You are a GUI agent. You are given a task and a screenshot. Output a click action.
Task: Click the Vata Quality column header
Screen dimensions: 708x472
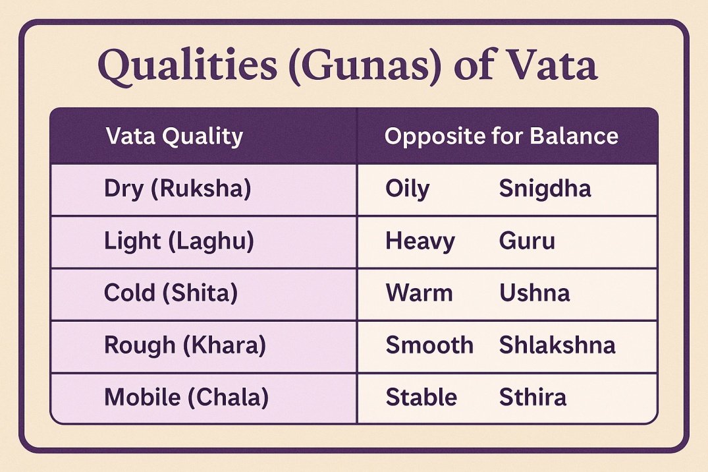tap(175, 136)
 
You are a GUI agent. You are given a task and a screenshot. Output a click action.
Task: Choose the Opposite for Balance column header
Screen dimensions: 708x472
tap(501, 136)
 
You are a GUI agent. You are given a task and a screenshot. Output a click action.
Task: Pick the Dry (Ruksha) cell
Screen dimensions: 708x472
tap(177, 189)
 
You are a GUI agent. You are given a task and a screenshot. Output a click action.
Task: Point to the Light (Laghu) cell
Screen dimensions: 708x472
tap(178, 241)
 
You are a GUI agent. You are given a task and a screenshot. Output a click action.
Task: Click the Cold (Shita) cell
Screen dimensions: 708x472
tap(171, 293)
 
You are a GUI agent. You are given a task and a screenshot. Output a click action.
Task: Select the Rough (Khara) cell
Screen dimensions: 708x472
tap(185, 345)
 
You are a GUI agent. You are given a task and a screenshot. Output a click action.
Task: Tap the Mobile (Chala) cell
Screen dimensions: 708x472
tap(186, 398)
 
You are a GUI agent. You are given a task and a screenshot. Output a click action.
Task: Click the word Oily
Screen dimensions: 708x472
tap(407, 189)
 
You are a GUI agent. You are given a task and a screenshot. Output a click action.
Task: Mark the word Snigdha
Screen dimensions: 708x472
tap(545, 189)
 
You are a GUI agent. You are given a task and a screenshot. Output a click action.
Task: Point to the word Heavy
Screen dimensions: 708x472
tap(420, 241)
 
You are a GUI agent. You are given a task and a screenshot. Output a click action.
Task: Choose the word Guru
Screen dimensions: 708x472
tap(527, 241)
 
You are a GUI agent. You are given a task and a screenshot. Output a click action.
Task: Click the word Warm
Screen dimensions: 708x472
tap(419, 293)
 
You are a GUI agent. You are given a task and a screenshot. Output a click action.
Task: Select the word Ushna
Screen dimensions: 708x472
tap(534, 293)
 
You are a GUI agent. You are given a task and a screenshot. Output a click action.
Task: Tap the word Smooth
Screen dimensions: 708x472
tap(429, 345)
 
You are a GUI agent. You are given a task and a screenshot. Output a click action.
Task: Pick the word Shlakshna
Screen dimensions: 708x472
tap(557, 345)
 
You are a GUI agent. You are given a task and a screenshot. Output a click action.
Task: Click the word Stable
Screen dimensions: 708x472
tap(422, 397)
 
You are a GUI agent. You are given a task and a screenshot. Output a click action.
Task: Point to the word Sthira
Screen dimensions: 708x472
tap(532, 397)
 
